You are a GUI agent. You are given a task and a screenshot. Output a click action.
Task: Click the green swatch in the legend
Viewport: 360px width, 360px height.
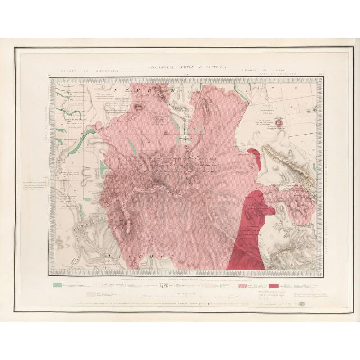coord(57,285)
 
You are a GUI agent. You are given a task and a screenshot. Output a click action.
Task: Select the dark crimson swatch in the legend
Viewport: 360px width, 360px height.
coord(276,285)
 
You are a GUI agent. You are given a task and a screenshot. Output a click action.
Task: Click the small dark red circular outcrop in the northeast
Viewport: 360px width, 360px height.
coord(280,121)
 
